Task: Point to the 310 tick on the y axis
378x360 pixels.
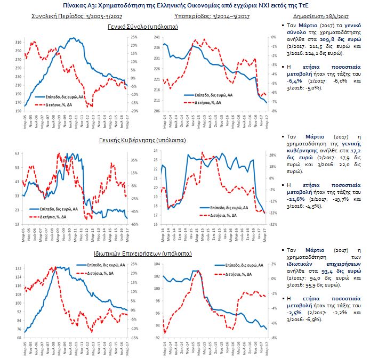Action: click(x=19, y=42)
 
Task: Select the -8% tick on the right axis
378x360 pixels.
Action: click(x=272, y=111)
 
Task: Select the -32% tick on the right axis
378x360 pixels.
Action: click(x=273, y=224)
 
